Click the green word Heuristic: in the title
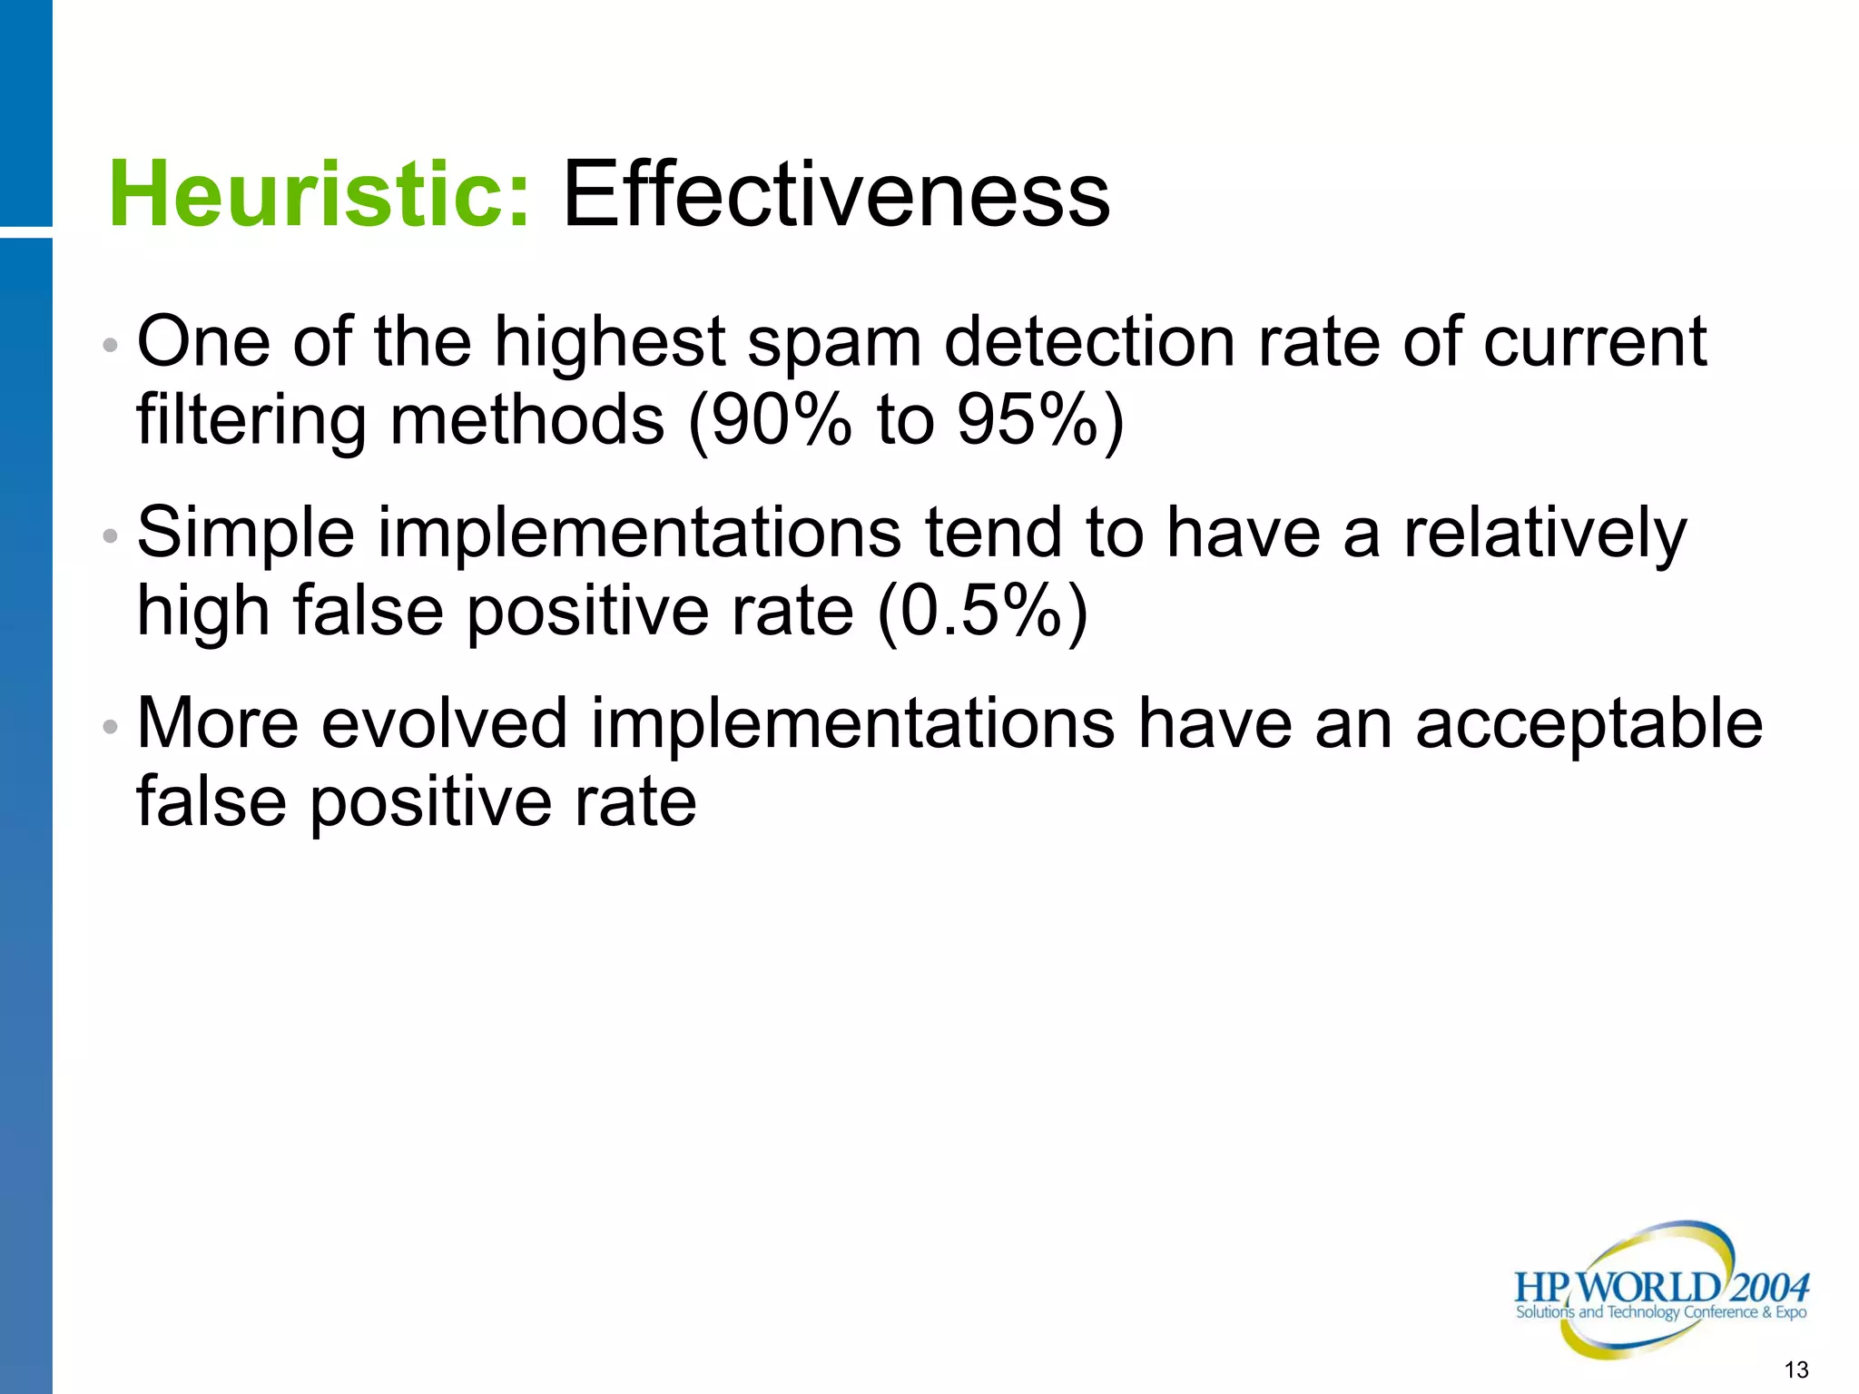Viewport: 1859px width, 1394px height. point(319,194)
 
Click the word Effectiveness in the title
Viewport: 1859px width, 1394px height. point(836,194)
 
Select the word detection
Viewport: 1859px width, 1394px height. point(1089,342)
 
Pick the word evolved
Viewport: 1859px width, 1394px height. point(445,723)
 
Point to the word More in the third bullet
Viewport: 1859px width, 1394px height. point(218,723)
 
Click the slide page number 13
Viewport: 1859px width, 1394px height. point(1795,1369)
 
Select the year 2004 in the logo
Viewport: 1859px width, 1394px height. point(1769,1287)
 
